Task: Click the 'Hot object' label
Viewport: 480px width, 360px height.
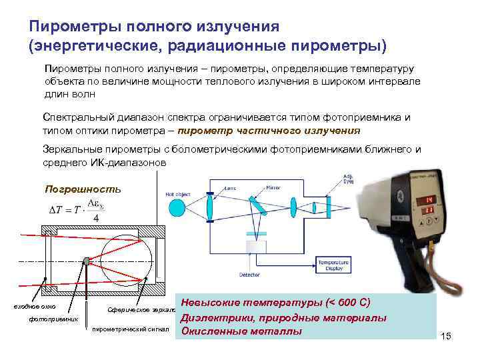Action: pyautogui.click(x=178, y=194)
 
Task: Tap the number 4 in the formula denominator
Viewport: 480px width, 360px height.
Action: pyautogui.click(x=97, y=218)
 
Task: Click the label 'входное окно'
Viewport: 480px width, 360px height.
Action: pyautogui.click(x=35, y=307)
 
